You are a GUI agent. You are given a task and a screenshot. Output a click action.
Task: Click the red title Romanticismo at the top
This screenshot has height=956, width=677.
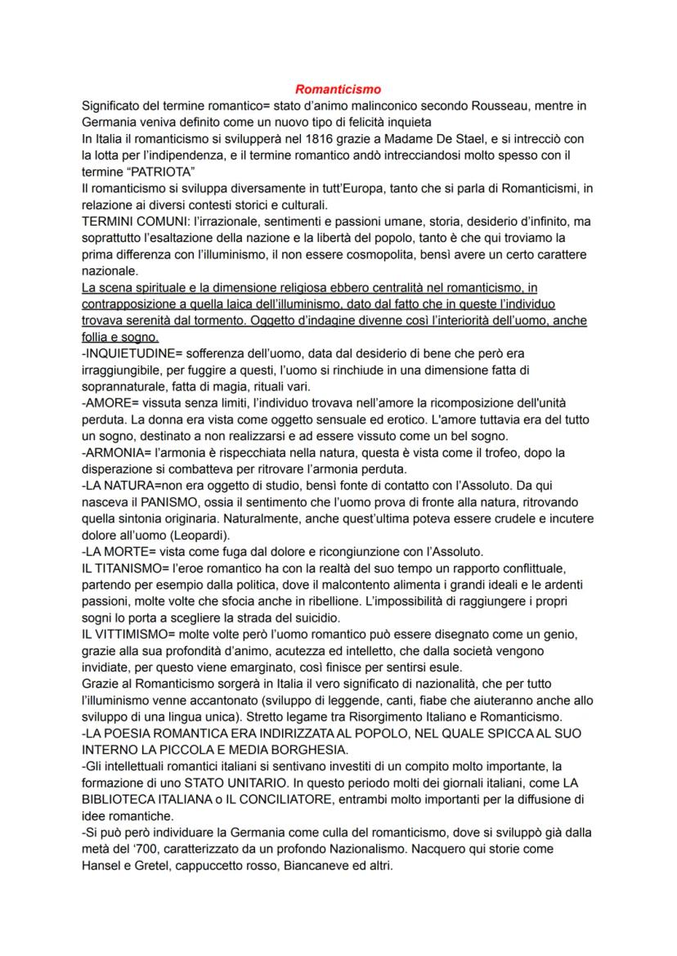338,88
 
